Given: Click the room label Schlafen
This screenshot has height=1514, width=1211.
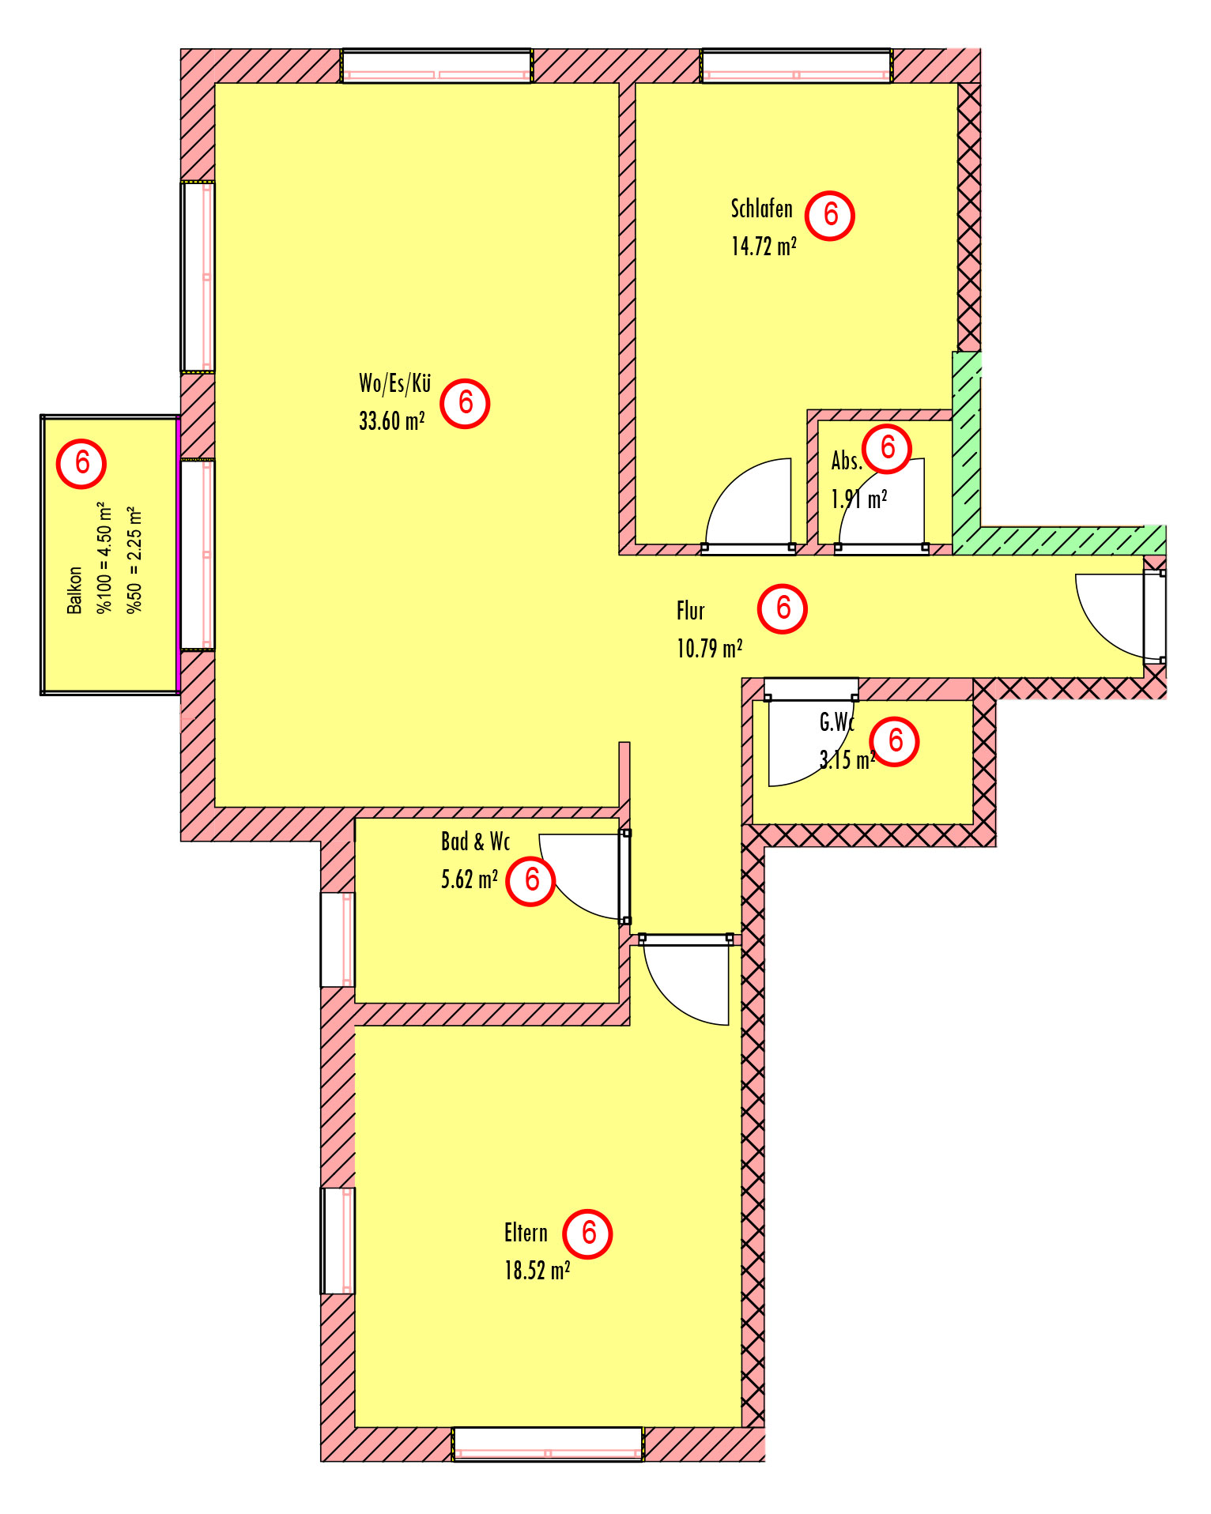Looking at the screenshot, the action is coord(761,209).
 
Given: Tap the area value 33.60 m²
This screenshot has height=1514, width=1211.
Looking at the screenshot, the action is coord(392,420).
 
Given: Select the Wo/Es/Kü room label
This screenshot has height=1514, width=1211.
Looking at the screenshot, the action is coord(394,383).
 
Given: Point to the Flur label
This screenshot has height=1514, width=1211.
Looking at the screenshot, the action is coord(690,611).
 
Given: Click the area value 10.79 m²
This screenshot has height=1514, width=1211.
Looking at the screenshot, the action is coord(709,648).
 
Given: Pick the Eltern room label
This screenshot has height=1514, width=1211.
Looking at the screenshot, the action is coord(526,1233).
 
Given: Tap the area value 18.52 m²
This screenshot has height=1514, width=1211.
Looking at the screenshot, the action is coord(538,1270).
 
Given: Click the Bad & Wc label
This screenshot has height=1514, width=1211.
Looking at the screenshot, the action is coord(475,842).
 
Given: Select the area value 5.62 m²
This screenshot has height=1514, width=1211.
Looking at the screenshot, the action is coord(470,879).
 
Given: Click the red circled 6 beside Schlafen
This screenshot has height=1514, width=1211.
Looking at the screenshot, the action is coord(830,215).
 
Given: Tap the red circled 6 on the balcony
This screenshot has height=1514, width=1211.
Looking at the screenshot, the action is coord(81,463).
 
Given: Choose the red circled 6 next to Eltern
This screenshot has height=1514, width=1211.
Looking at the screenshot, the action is coord(587,1233).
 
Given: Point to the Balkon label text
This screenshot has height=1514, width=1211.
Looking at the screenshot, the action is coord(74,589).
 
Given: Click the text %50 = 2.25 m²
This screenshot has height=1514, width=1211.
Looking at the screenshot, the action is coord(134,559).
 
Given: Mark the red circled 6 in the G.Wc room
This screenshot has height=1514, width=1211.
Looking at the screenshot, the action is coord(895,741).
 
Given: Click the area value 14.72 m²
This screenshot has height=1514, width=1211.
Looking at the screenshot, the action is coord(764,246).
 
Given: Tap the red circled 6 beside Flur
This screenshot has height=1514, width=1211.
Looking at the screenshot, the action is coord(783,608).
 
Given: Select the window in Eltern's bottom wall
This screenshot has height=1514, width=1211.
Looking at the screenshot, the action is coord(548,1444).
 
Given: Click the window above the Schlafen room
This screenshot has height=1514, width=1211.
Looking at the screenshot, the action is coord(797,66).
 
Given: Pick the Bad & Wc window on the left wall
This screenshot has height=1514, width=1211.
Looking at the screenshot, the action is coord(338,940).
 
